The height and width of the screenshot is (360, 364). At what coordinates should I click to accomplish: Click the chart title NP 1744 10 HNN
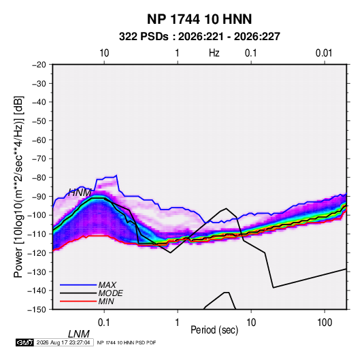[199, 19]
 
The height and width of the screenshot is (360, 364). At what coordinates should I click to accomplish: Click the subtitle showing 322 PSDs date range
[199, 37]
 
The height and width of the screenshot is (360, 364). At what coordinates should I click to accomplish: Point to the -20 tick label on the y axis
[39, 65]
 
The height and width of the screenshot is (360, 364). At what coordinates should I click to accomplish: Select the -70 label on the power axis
[39, 159]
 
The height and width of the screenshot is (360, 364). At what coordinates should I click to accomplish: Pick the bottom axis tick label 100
[325, 323]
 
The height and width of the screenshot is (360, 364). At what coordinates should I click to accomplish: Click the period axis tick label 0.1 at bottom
[104, 323]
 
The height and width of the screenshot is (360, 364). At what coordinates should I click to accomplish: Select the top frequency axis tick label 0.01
[324, 53]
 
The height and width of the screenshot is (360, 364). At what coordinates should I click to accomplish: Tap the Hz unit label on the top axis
[214, 53]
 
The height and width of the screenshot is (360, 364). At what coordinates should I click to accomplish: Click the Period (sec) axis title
[214, 330]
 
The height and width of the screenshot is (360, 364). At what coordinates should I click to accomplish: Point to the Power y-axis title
[18, 187]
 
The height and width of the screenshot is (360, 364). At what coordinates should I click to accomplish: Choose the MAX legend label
[107, 285]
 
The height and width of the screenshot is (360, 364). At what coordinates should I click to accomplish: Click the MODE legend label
[110, 293]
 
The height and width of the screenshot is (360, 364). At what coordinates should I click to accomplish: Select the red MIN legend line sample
[78, 301]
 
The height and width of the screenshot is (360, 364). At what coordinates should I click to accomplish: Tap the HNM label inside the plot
[80, 193]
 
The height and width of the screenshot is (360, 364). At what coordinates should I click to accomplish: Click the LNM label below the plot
[79, 334]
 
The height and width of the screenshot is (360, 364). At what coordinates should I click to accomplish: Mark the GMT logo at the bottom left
[25, 342]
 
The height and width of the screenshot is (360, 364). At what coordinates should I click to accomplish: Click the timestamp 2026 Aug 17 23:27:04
[63, 342]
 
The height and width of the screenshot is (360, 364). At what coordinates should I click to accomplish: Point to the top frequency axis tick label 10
[104, 53]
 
